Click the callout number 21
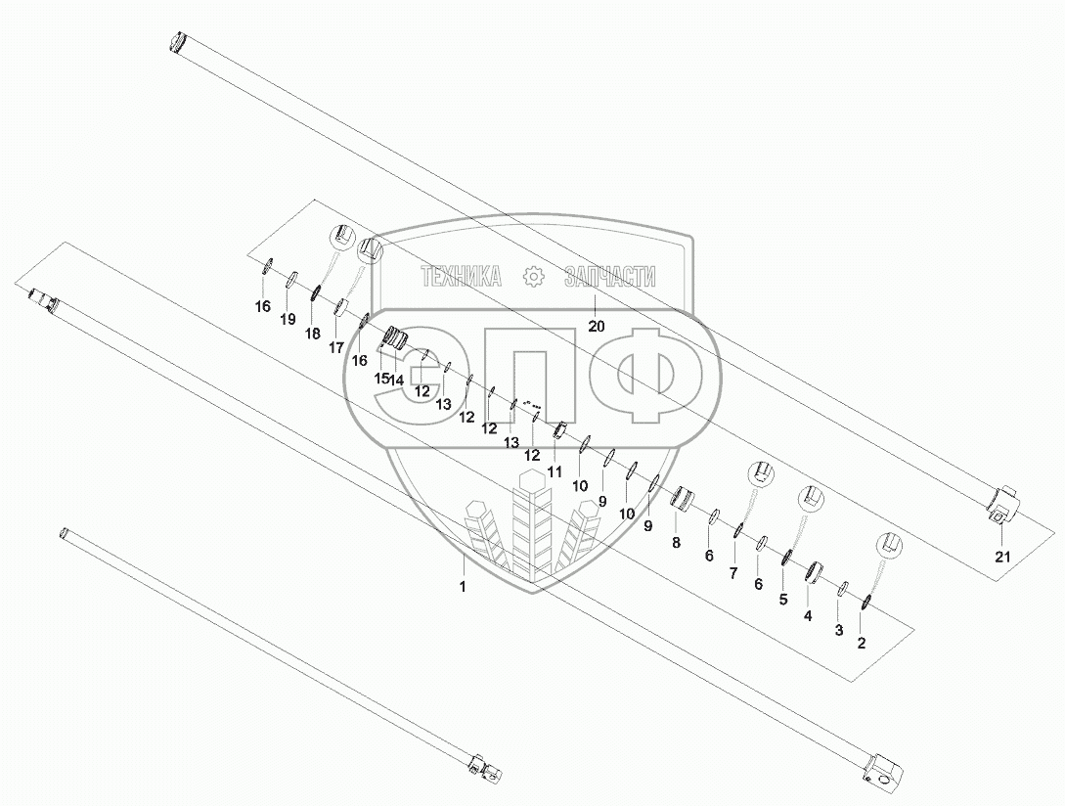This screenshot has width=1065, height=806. click(x=1002, y=557)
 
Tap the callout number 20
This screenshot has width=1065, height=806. click(x=596, y=326)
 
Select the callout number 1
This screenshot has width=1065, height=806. click(x=463, y=587)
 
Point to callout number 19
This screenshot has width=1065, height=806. click(x=288, y=319)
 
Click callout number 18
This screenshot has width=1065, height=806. click(x=312, y=333)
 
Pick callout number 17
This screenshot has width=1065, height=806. click(x=336, y=348)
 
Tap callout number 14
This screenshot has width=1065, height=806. click(x=396, y=380)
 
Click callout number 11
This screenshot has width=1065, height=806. click(x=555, y=470)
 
